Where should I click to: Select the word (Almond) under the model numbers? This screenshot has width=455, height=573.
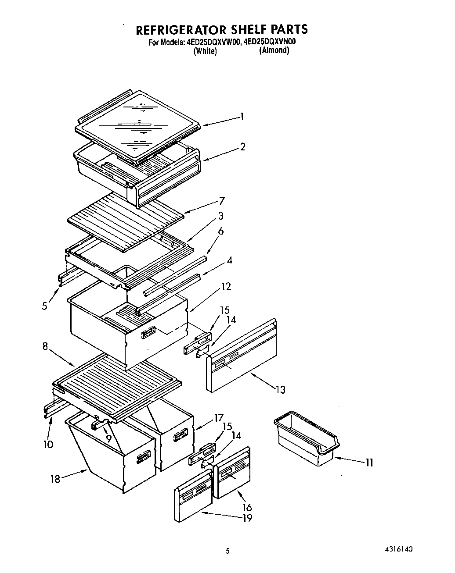[x=274, y=50]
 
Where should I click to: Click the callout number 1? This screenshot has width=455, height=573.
[x=242, y=117]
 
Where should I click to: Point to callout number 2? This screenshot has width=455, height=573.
[x=243, y=147]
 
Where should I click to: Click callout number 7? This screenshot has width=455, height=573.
[x=221, y=201]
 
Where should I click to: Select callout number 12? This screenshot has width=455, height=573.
[x=226, y=287]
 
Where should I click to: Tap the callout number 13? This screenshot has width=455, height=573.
[x=280, y=389]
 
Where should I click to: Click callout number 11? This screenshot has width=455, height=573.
[x=369, y=462]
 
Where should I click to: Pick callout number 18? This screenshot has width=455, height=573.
[x=55, y=479]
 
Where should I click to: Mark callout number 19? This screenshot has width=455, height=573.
[x=247, y=518]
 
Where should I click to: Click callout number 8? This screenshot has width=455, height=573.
[x=45, y=346]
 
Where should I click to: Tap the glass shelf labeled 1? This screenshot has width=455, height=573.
[x=138, y=125]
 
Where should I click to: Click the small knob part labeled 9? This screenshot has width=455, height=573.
[x=99, y=424]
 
